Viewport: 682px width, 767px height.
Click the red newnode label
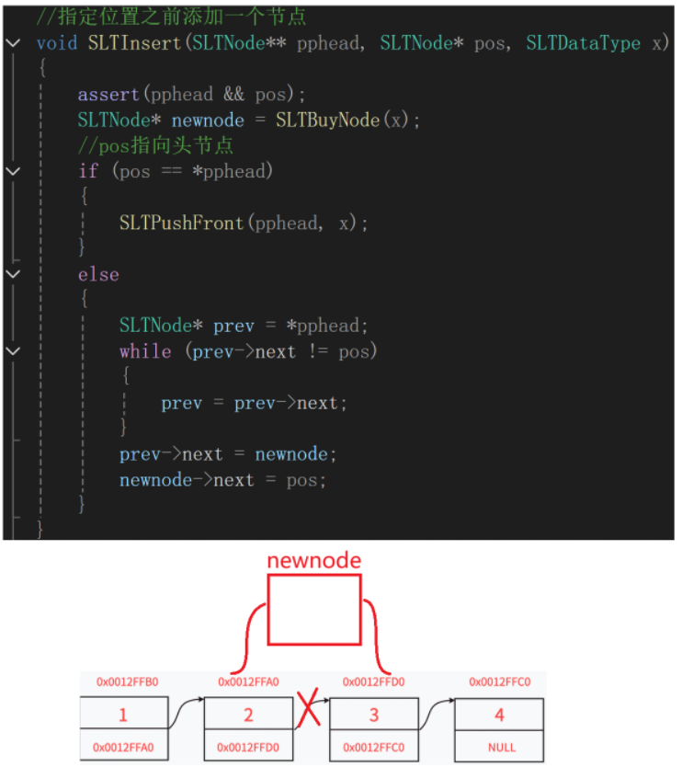tap(313, 560)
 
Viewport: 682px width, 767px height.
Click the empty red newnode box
tap(313, 610)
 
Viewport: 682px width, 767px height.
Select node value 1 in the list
tap(123, 715)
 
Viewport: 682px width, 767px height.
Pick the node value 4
tap(499, 715)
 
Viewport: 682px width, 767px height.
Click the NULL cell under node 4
tap(499, 748)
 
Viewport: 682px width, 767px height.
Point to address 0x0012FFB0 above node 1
tap(128, 682)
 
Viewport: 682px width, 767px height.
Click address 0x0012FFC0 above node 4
tap(500, 682)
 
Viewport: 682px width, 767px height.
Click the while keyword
tap(144, 351)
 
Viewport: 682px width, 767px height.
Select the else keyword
tap(98, 274)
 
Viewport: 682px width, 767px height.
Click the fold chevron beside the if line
tap(12, 172)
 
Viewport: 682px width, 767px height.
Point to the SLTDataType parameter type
tap(583, 43)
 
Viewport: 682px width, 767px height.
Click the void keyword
tap(57, 43)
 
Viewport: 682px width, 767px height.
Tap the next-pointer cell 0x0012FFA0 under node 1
tap(123, 748)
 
